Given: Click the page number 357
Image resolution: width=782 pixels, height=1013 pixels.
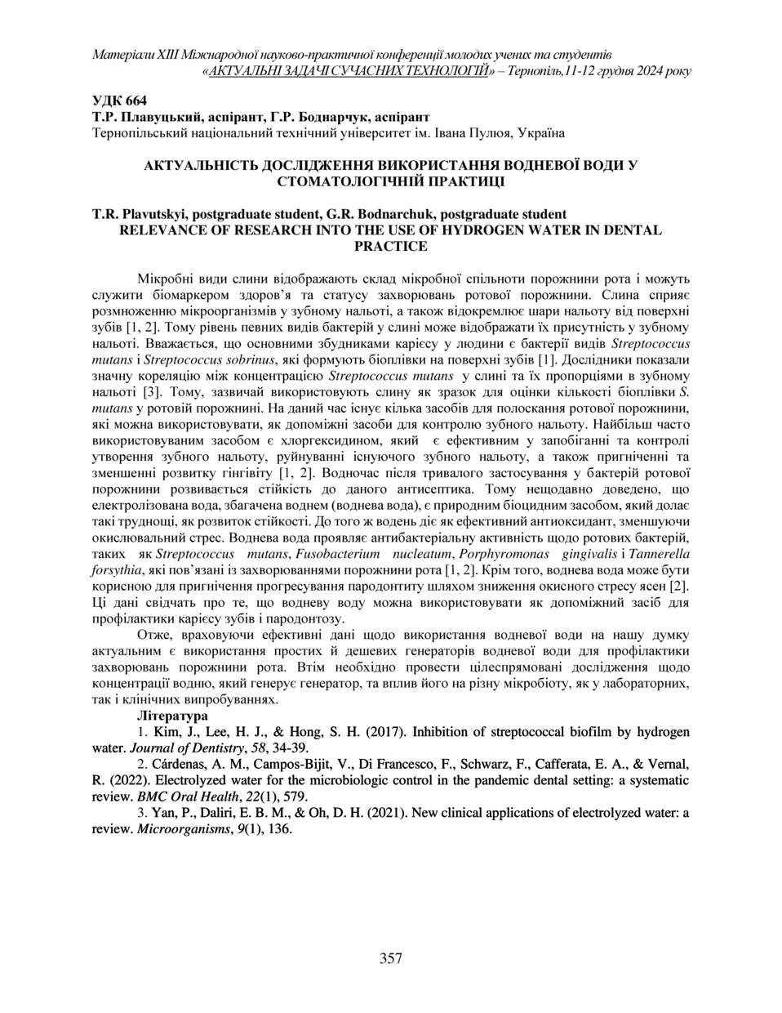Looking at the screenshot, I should (x=391, y=958).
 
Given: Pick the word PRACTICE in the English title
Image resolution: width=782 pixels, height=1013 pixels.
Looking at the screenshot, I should (x=391, y=245).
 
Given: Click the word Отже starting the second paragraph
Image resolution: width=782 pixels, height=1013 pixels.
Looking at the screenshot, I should (x=153, y=635).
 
